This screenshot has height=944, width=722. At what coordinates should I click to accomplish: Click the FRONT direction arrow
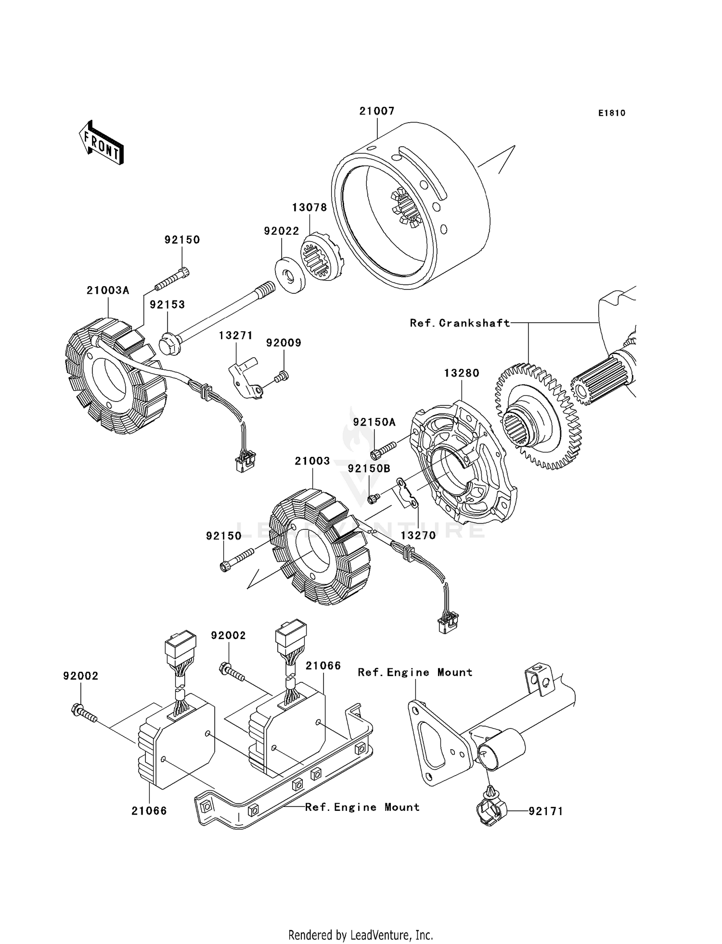[101, 143]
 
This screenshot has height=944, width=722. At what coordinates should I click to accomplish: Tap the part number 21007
[377, 111]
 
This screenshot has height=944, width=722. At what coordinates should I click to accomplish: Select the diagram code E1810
[612, 113]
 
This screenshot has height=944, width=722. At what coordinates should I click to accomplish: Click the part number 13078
[309, 208]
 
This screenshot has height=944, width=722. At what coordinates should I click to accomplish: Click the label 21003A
[108, 290]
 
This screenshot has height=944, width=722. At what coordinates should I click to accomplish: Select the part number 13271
[236, 335]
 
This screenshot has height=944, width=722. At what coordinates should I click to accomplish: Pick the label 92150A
[374, 422]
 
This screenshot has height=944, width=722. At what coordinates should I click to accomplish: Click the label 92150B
[369, 468]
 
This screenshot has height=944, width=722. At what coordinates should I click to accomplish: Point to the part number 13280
[462, 373]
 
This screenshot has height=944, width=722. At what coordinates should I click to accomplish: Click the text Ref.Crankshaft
[460, 323]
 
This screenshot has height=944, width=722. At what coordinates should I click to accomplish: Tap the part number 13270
[418, 535]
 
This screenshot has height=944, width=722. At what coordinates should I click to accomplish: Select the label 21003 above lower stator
[312, 461]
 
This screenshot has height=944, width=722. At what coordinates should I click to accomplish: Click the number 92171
[546, 811]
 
